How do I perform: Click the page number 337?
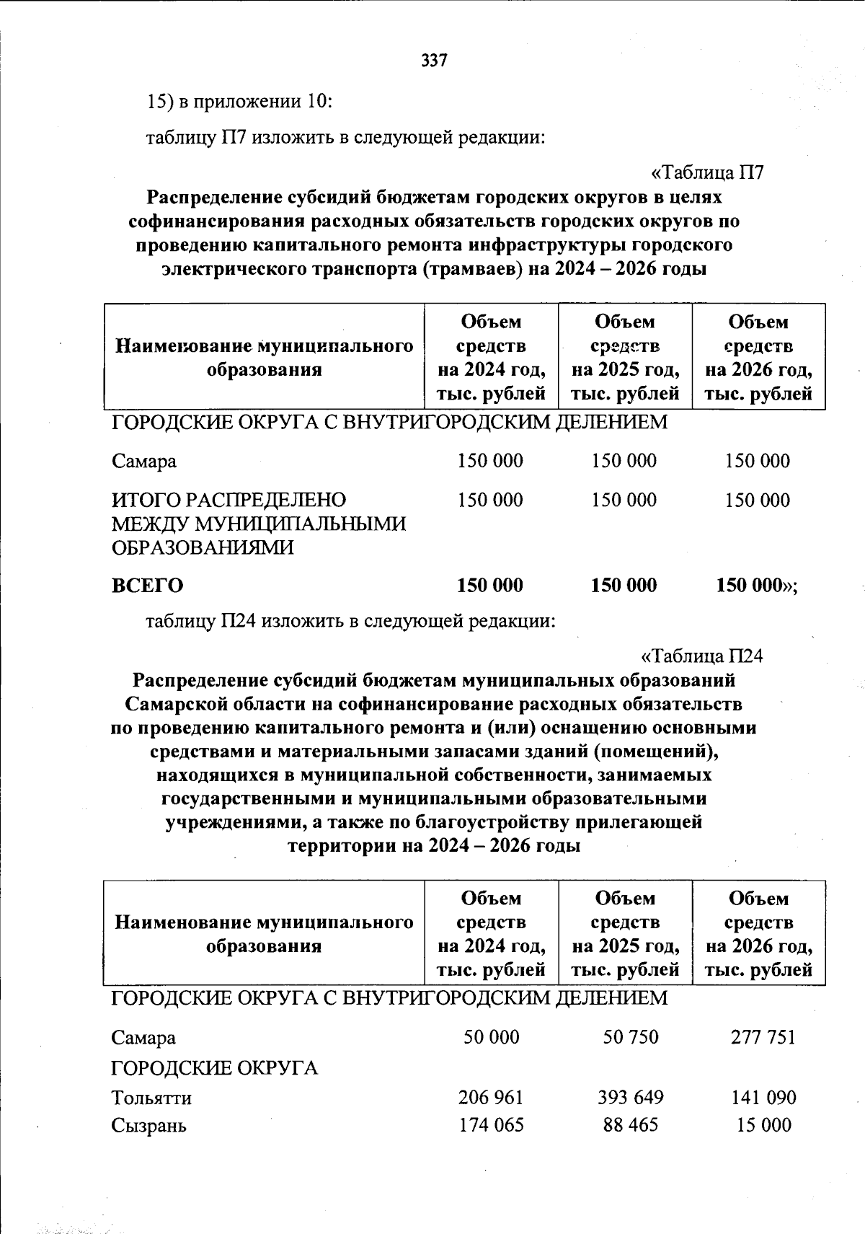point(434,61)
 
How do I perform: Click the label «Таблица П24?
point(701,656)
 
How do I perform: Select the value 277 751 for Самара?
point(760,1037)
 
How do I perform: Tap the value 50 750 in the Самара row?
point(630,1037)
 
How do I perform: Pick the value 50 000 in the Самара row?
point(491,1037)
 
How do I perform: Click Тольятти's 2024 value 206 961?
point(490,1098)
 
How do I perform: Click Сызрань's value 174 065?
point(490,1125)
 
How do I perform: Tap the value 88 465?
point(630,1125)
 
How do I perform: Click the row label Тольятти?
point(151,1098)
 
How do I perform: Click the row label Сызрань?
point(148,1126)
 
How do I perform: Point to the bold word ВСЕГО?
point(147,586)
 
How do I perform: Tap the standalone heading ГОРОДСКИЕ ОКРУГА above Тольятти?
point(214,1068)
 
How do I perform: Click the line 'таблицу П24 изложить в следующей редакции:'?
point(350,621)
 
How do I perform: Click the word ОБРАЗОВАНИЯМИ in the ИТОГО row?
point(203,548)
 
